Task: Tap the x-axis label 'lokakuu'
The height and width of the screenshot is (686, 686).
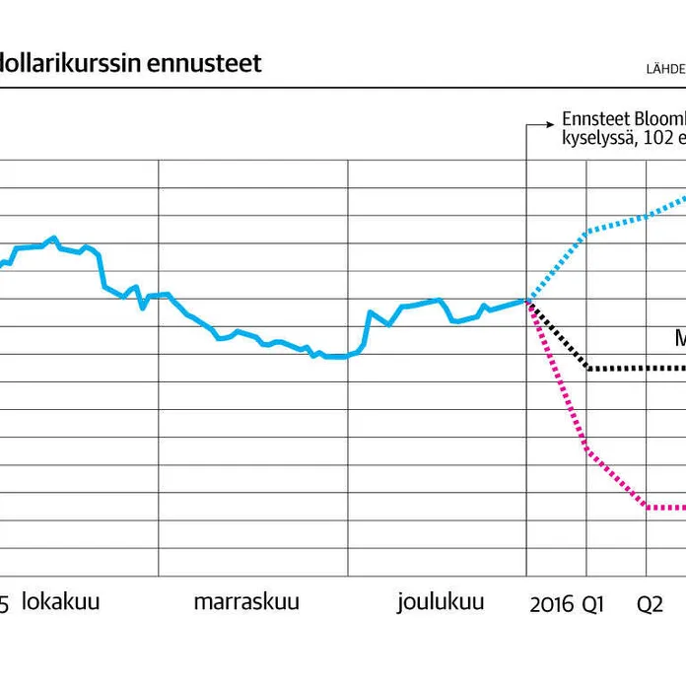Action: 60,602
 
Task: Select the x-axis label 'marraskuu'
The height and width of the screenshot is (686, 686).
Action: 246,602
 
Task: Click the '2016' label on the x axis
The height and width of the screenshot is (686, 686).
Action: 551,604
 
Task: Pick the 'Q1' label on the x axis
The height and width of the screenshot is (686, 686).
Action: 591,604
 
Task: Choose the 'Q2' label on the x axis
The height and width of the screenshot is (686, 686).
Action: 650,604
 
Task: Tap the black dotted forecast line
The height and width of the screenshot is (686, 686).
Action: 631,369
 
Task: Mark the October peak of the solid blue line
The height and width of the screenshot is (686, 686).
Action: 54,238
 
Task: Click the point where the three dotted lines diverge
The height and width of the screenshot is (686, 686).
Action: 528,301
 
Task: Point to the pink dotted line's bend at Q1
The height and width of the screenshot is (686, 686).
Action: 588,449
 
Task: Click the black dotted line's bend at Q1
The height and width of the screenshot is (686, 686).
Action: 588,369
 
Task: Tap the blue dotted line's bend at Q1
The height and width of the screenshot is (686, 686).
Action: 588,232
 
